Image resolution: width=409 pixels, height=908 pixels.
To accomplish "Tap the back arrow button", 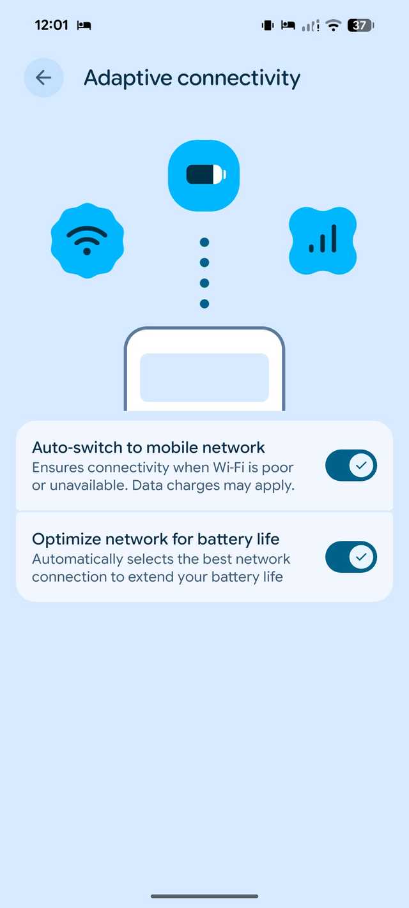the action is click(44, 77).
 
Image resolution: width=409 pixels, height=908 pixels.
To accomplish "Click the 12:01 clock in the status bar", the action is click(52, 25).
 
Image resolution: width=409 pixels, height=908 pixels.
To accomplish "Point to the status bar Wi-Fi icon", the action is click(334, 26).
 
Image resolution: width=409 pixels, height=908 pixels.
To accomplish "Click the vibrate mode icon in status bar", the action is click(268, 26).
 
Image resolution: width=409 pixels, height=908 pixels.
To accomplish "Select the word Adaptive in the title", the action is click(128, 78).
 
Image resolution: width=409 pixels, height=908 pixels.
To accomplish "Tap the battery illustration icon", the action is click(204, 175).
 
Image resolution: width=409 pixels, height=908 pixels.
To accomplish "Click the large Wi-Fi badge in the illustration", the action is click(88, 240).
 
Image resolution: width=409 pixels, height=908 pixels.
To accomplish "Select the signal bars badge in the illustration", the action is click(323, 240).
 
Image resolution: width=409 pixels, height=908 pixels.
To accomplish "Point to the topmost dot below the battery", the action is click(204, 243).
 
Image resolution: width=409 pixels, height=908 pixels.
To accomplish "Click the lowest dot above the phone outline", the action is click(204, 303).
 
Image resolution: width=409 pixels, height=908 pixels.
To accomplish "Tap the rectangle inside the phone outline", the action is click(204, 377).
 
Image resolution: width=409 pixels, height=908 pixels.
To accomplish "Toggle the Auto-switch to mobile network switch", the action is click(351, 465).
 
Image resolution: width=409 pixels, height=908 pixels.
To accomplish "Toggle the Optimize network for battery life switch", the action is click(351, 557).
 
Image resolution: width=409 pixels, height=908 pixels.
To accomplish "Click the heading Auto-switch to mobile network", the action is click(148, 448).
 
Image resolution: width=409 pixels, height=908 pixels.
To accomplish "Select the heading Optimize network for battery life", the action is click(156, 540).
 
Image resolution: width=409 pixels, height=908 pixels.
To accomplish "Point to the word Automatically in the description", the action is click(77, 559).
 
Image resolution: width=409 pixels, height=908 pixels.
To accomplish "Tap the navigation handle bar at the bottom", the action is click(204, 897).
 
